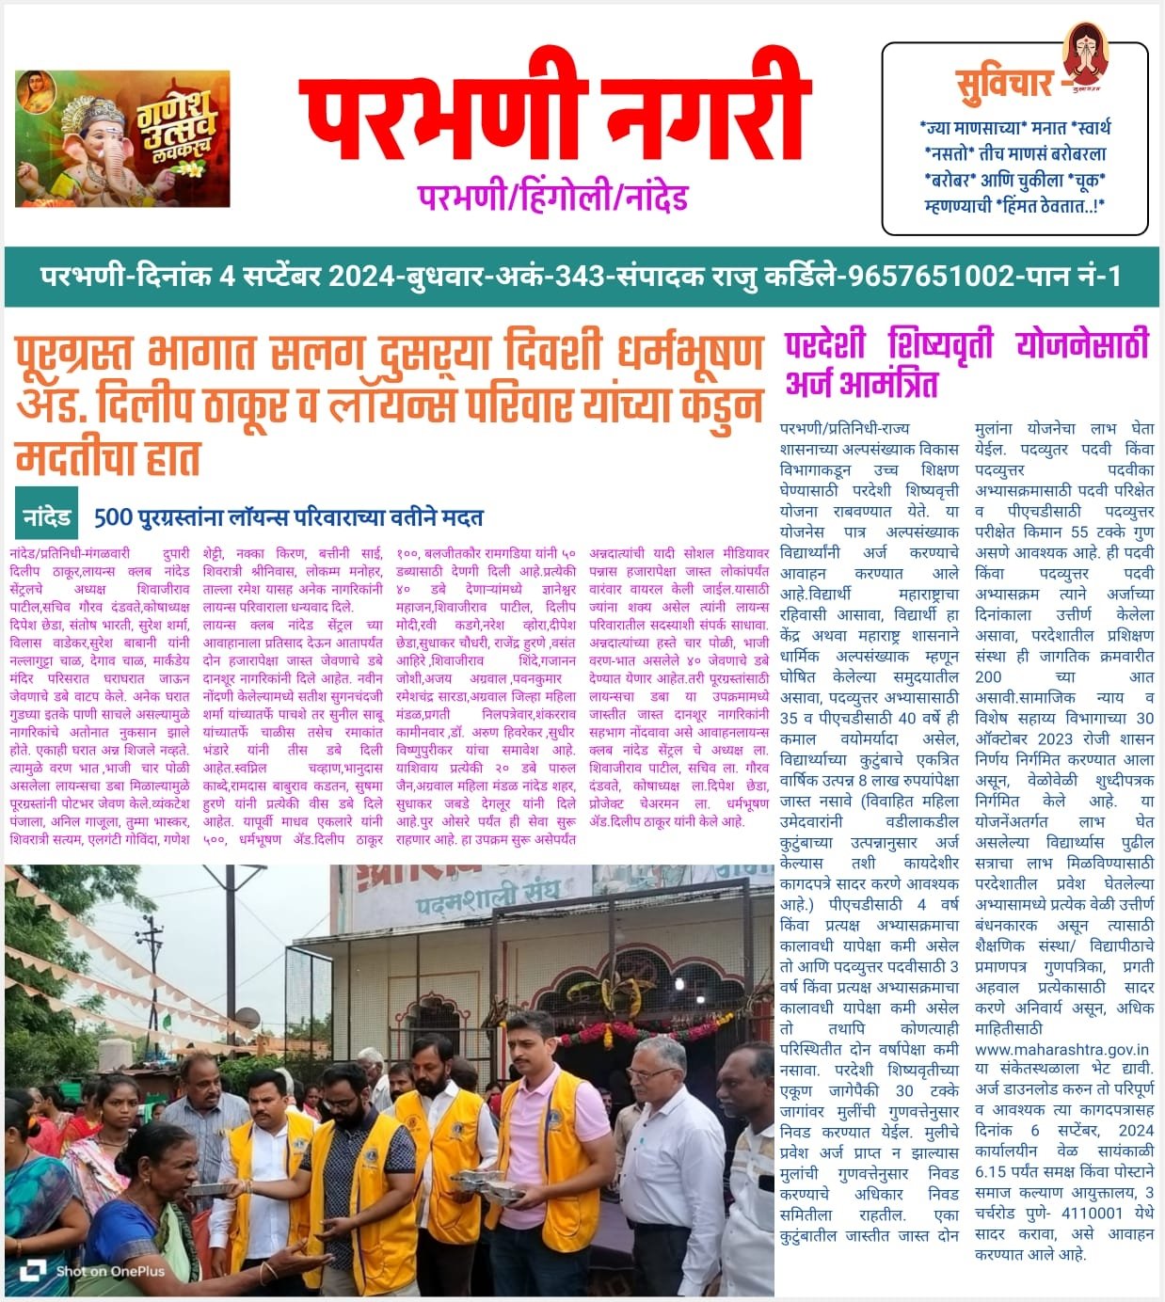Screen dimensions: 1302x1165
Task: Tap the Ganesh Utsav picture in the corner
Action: pos(122,138)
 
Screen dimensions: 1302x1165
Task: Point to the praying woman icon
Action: pos(1085,54)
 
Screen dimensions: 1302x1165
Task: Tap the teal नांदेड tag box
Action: pos(46,516)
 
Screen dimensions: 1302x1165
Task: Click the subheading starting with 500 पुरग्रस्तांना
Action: pos(288,517)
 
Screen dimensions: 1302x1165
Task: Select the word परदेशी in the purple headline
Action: pos(825,345)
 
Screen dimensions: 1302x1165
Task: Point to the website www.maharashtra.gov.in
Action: pos(1061,1050)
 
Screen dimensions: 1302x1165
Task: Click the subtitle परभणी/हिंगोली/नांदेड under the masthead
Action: pos(553,198)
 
